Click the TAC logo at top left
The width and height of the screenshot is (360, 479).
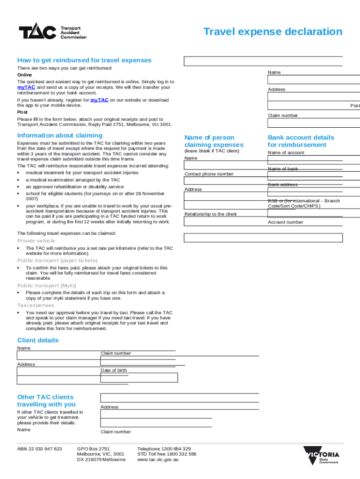(x=52, y=32)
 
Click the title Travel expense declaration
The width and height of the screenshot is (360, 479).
(x=273, y=32)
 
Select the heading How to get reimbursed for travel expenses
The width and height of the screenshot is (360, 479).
(x=84, y=60)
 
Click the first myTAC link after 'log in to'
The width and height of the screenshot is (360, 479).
(x=26, y=87)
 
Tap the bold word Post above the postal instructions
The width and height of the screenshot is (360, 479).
(x=22, y=112)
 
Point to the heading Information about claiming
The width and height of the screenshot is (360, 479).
(x=60, y=136)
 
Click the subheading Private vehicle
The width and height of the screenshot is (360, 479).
(x=36, y=241)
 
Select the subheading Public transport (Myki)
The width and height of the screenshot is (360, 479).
(x=47, y=285)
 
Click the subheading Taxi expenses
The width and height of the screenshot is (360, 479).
(x=36, y=305)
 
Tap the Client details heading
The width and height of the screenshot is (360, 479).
(x=38, y=340)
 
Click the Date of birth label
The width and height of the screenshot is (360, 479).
(x=114, y=370)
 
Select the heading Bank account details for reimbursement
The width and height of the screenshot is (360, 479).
(x=301, y=141)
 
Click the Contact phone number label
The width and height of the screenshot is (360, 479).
(x=209, y=174)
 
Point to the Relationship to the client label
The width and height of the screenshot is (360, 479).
(x=210, y=214)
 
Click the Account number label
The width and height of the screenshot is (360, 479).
(x=285, y=222)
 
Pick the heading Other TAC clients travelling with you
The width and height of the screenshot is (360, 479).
(x=46, y=400)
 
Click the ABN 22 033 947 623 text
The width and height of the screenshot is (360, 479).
(x=39, y=449)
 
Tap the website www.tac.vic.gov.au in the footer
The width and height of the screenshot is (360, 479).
(x=158, y=459)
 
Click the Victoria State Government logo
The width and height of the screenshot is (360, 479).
(x=321, y=456)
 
